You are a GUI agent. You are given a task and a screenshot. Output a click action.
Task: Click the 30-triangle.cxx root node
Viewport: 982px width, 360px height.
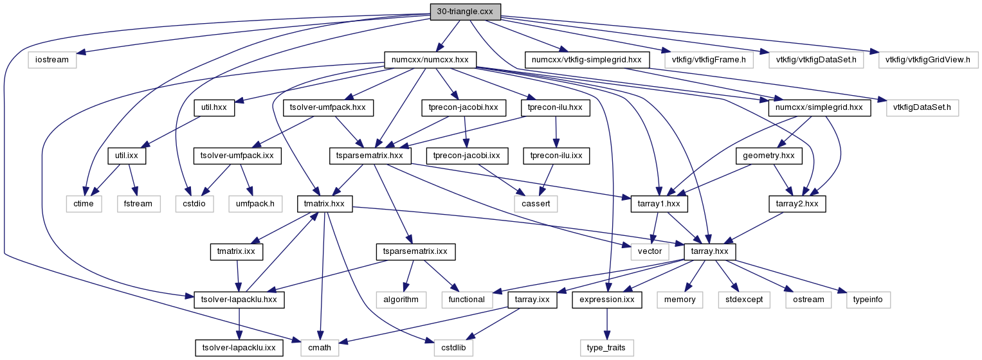(x=465, y=12)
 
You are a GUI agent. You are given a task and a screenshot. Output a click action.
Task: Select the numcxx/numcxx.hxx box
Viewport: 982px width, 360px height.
(x=430, y=60)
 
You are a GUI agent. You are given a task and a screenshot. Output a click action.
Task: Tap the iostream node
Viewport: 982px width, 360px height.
(x=51, y=60)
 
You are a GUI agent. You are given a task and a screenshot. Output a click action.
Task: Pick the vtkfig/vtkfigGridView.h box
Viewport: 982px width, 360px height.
(x=927, y=60)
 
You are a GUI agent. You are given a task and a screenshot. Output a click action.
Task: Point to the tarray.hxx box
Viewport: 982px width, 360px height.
(x=709, y=251)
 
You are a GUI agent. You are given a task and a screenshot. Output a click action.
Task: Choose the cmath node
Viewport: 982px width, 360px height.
(x=319, y=348)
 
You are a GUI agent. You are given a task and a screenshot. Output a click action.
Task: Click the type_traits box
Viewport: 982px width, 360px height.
(x=606, y=348)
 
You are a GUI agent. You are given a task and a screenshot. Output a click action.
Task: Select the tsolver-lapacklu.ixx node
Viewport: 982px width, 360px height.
(x=239, y=348)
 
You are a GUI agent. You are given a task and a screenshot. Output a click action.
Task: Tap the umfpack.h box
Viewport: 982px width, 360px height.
(x=255, y=204)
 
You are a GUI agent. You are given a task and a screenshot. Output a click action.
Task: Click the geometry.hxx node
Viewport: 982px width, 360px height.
(x=769, y=156)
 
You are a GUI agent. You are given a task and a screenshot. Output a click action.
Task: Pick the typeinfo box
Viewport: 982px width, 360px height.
(x=868, y=300)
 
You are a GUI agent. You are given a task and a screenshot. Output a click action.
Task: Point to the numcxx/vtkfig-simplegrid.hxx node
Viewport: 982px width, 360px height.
(x=586, y=60)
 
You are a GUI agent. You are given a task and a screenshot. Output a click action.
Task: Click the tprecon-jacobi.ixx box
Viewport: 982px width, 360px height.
(x=466, y=156)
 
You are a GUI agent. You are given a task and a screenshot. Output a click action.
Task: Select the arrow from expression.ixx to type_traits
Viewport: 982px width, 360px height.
(x=606, y=323)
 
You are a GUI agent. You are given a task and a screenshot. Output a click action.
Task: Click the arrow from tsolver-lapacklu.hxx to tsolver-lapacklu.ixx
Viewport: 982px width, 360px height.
(x=239, y=323)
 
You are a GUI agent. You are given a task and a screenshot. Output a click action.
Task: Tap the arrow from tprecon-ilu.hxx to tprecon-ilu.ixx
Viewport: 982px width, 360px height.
(x=556, y=132)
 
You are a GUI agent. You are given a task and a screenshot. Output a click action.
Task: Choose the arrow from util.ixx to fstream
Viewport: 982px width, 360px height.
(x=132, y=180)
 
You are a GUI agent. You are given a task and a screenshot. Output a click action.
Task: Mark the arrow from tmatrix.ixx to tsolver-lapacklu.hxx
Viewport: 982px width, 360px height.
(x=237, y=275)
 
